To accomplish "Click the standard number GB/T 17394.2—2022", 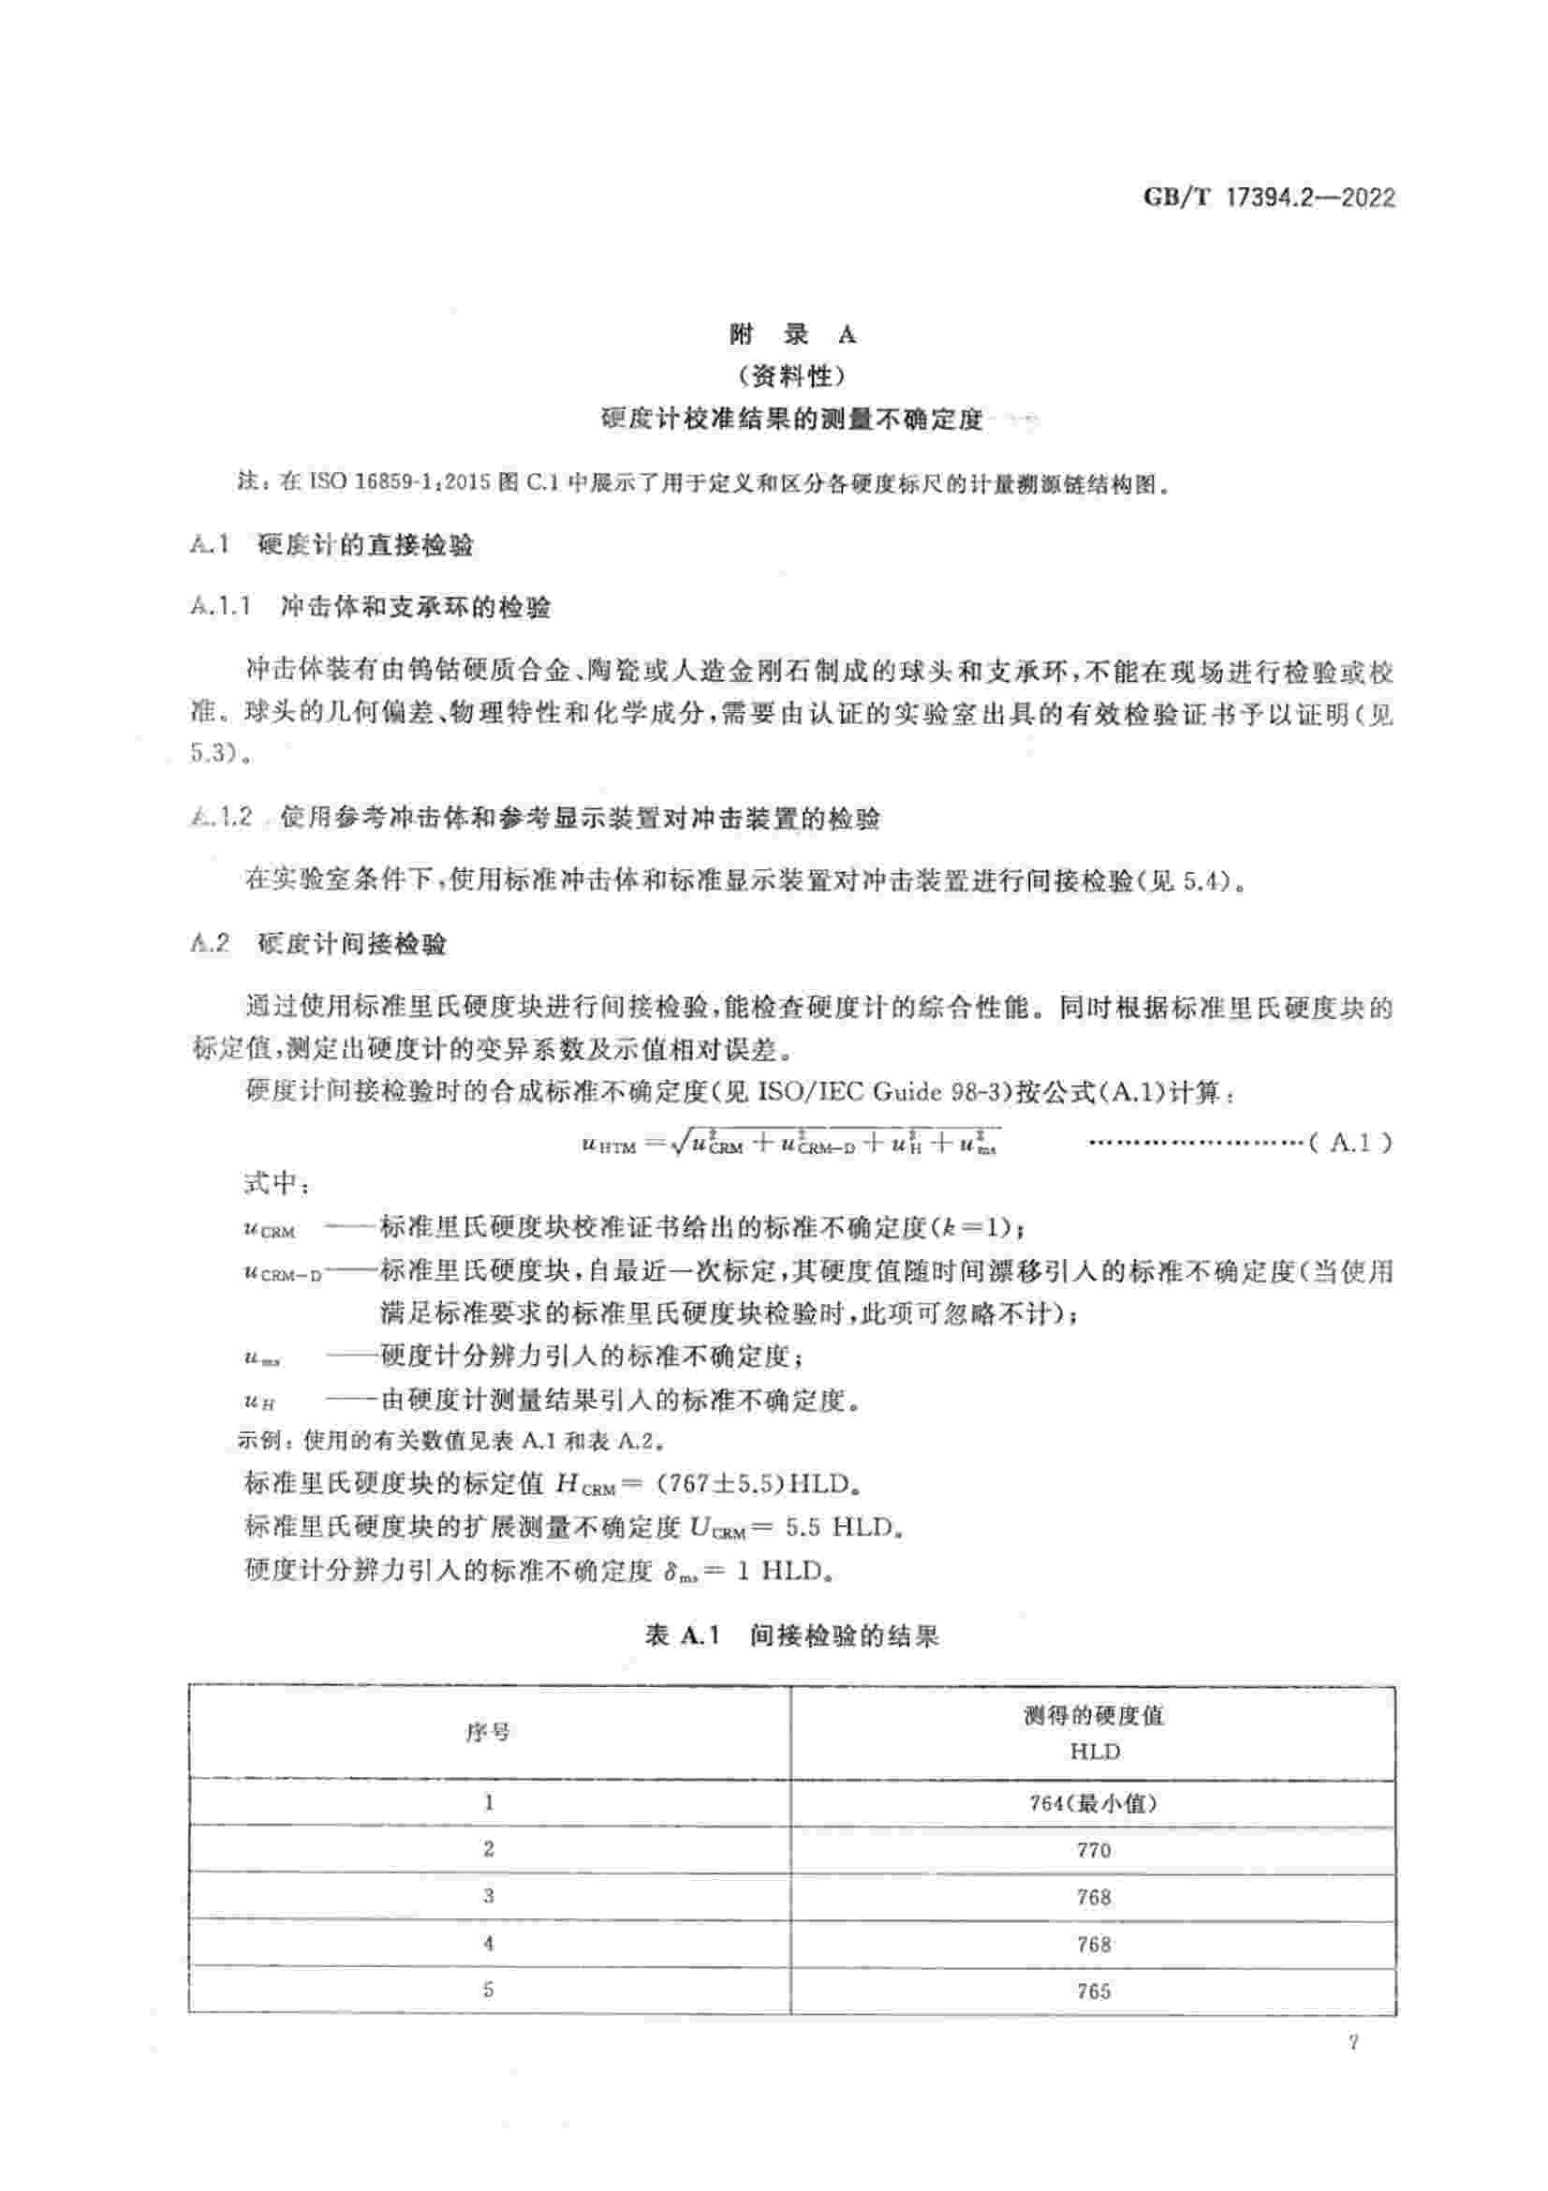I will tap(1269, 199).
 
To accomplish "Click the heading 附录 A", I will tap(791, 334).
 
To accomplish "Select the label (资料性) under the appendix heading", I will tap(791, 377).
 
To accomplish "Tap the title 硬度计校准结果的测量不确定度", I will tap(791, 419).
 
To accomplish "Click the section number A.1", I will tap(210, 545).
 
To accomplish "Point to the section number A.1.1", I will tap(220, 606).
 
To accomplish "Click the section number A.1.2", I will tap(221, 817).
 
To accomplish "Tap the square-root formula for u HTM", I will tap(789, 1143).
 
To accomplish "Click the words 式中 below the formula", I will tap(272, 1183).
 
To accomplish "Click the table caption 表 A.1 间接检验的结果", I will tap(791, 1636).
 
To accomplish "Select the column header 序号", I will tap(487, 1732).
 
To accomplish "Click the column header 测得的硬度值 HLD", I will tap(1093, 1733).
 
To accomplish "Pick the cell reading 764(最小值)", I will tap(1093, 1803).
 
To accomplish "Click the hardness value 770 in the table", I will tap(1093, 1850).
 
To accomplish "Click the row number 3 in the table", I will tap(488, 1897).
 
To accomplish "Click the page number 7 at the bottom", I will tap(1352, 2044).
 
